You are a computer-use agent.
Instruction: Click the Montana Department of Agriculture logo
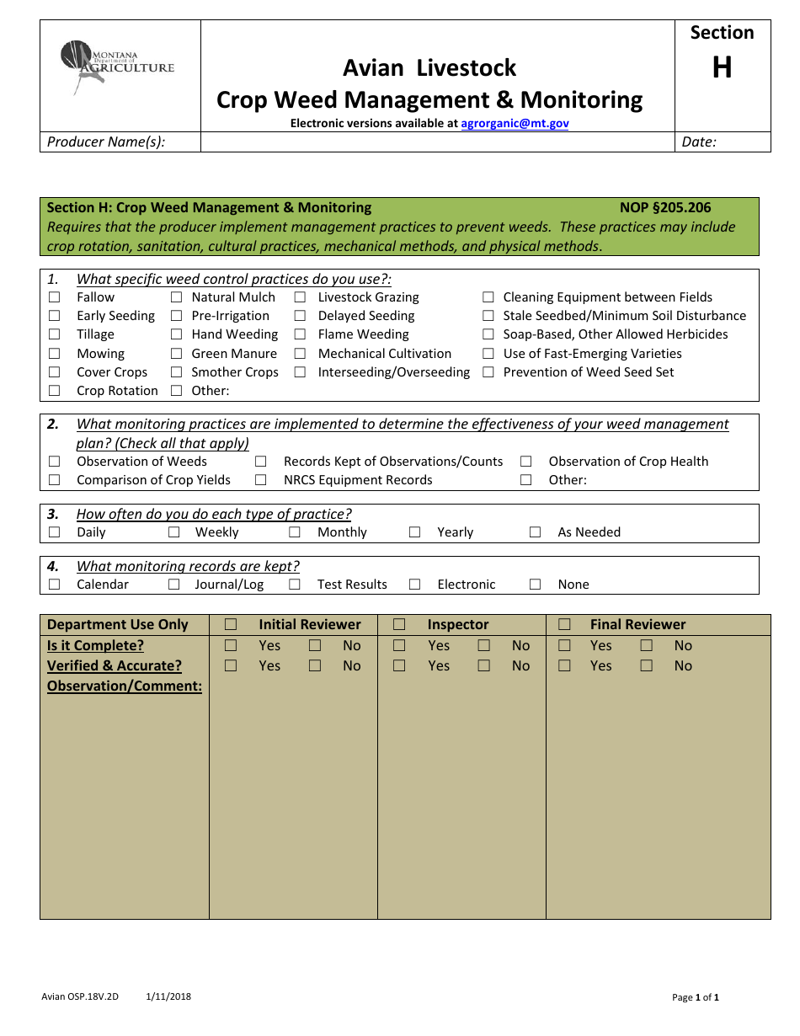tap(117, 67)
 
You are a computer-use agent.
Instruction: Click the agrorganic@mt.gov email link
tap(515, 123)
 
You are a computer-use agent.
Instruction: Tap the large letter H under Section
tap(722, 68)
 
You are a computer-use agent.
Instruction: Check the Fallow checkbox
tap(55, 297)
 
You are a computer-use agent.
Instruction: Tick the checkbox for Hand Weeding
tap(177, 334)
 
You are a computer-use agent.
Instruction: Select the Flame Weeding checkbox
tap(300, 334)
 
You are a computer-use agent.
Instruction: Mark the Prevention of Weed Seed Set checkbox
tap(488, 372)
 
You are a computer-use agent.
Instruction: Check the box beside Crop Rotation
tap(55, 391)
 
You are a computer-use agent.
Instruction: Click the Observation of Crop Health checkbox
tap(526, 462)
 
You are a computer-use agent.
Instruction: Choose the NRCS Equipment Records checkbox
tap(261, 480)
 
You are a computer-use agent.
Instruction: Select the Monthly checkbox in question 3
tap(295, 532)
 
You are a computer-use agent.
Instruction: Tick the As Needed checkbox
tap(536, 532)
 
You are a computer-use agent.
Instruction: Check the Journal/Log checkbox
tap(174, 585)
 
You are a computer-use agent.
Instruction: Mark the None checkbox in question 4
tap(536, 585)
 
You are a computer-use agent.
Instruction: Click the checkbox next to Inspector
tap(399, 625)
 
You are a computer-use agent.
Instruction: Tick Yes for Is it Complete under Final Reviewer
tap(564, 646)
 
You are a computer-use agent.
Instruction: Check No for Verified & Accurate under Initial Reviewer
tap(315, 666)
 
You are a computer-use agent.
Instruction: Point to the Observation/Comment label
tap(125, 686)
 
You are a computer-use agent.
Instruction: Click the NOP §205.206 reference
tap(665, 208)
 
